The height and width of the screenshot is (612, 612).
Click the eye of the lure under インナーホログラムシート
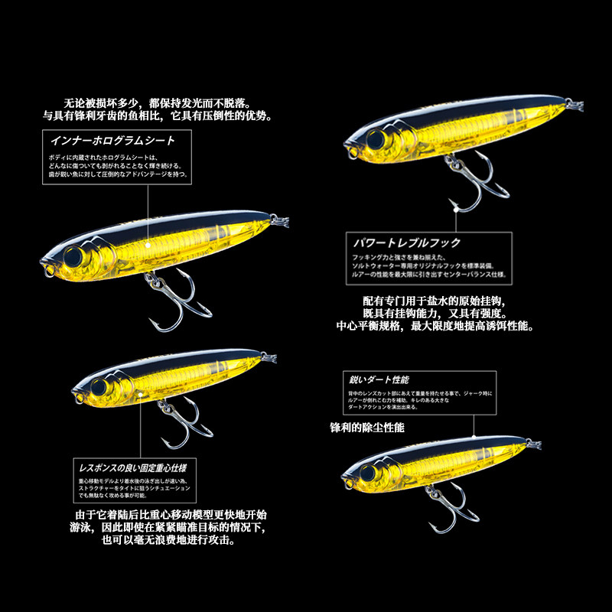(75, 255)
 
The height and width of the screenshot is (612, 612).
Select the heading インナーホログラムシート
(112, 140)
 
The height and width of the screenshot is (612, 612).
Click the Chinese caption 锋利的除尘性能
(368, 427)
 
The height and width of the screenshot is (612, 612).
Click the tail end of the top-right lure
(570, 102)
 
